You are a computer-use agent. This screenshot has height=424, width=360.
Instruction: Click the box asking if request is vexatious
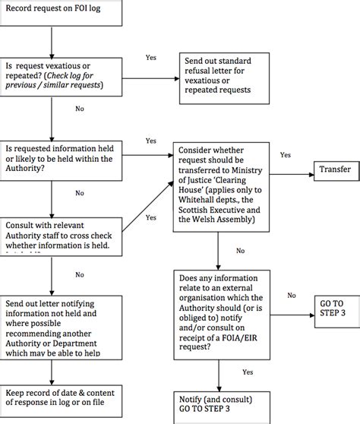tap(62, 77)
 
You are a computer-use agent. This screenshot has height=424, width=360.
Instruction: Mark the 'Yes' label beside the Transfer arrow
tap(285, 155)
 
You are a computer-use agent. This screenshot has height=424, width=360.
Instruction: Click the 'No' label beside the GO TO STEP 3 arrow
tap(291, 295)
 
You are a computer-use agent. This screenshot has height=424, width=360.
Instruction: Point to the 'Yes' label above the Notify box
tap(248, 372)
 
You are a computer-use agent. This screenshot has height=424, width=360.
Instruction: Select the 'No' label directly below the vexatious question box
tap(79, 108)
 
